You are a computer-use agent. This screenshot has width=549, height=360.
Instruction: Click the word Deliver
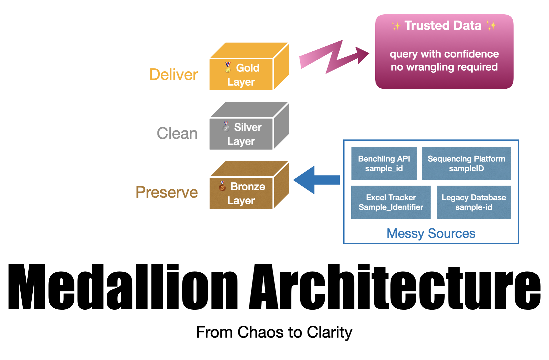173,75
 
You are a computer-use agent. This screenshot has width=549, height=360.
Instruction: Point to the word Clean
177,133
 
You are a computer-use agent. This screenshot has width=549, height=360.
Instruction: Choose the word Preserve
166,192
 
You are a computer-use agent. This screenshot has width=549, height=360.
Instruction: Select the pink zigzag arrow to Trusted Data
334,57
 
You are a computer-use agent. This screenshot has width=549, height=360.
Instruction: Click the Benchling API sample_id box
384,163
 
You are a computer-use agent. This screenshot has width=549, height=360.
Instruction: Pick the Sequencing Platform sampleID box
466,163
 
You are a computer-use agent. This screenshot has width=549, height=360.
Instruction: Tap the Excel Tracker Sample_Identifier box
391,202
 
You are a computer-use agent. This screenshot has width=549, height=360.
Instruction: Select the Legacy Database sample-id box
474,202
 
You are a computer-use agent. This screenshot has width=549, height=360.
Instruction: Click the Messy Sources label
431,233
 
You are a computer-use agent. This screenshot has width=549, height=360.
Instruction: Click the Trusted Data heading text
443,26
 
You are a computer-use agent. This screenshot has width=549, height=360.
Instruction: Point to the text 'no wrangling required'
444,67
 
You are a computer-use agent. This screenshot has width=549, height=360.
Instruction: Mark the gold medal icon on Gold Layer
227,67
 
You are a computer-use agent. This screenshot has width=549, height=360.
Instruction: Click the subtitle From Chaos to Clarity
274,332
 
